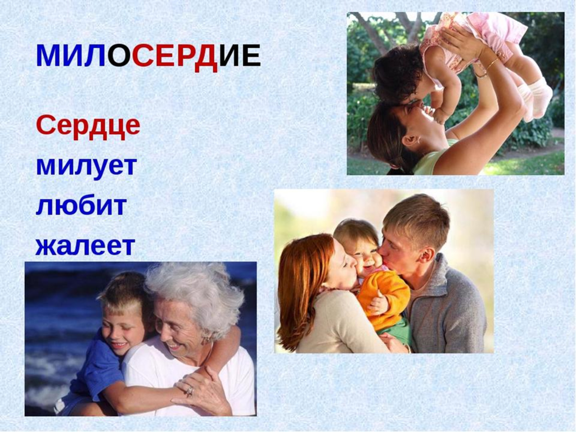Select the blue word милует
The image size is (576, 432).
tap(86, 167)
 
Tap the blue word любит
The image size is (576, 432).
tap(81, 206)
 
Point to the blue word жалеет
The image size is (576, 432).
tap(85, 245)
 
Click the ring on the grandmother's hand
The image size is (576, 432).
tap(190, 391)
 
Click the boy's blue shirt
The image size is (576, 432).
tap(97, 367)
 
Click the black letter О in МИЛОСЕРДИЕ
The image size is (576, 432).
tap(119, 57)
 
